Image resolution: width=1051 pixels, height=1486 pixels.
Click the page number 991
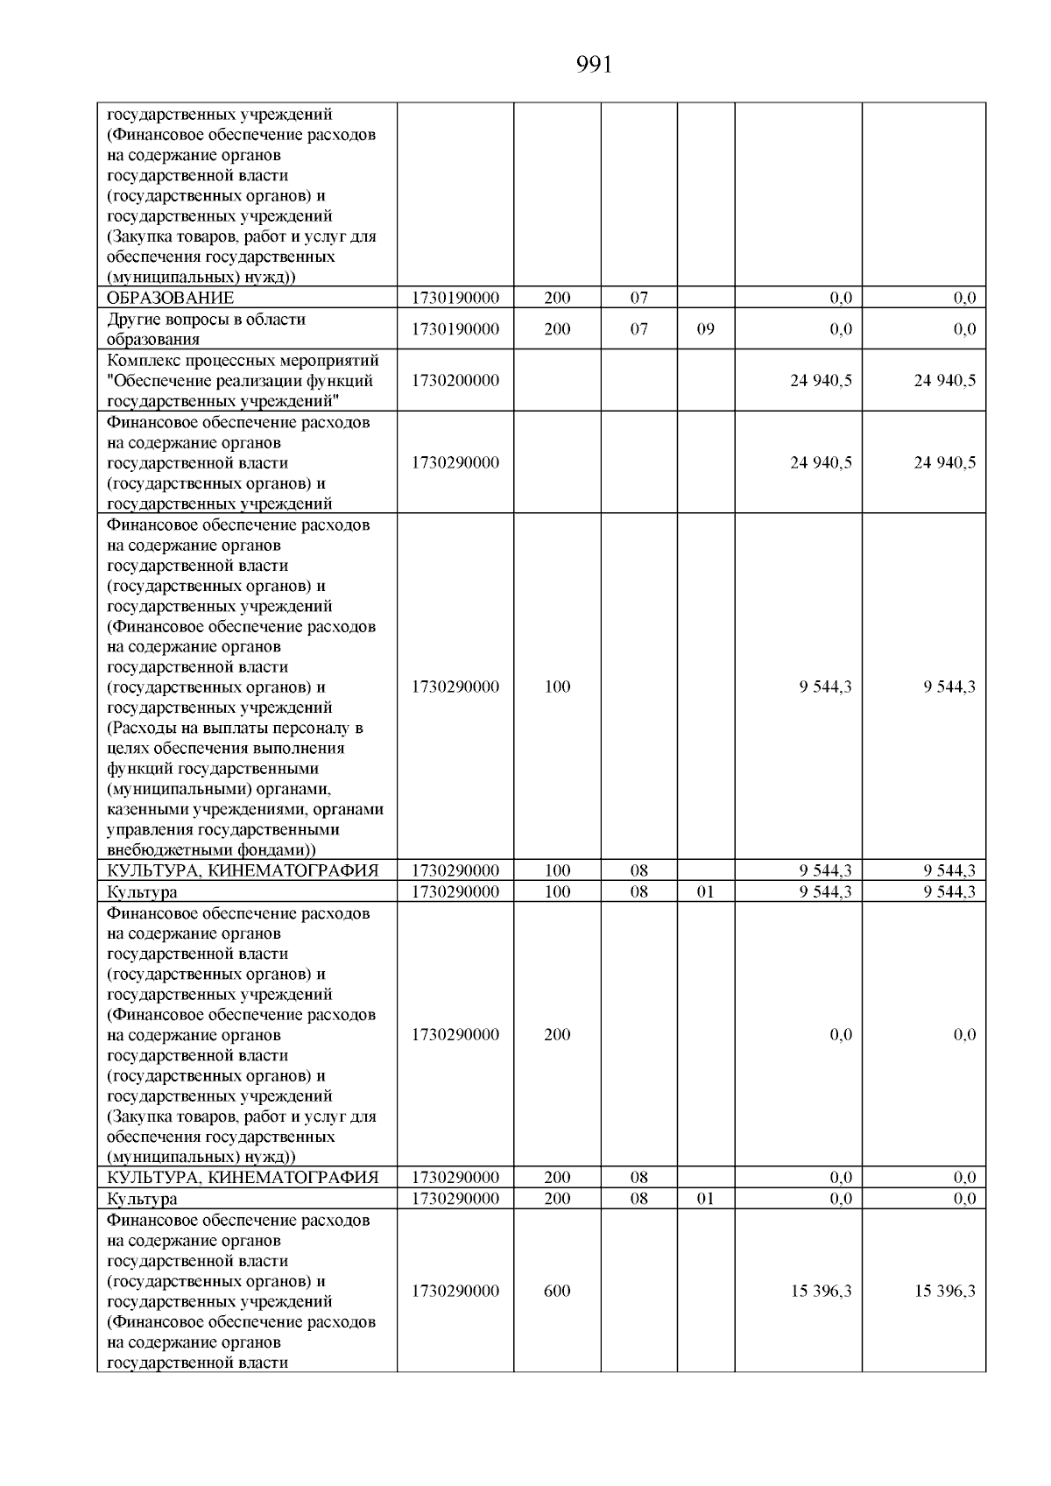point(595,66)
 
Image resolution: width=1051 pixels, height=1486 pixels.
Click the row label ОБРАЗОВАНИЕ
point(170,298)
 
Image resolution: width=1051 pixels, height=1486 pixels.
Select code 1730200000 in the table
point(455,380)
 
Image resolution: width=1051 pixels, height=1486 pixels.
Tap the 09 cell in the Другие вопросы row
point(705,329)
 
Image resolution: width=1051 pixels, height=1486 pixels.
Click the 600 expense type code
point(557,1291)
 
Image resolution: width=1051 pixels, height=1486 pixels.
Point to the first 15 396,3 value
point(821,1291)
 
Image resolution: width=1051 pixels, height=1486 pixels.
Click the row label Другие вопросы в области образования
point(206,329)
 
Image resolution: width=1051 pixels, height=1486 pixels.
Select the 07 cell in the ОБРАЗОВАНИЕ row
point(638,298)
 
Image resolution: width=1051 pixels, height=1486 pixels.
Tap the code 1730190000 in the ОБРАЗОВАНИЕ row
point(455,298)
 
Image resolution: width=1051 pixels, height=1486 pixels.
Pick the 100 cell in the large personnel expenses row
point(557,687)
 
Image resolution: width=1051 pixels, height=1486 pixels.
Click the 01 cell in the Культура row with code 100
point(705,891)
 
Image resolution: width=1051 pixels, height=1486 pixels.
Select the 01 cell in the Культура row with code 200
point(705,1198)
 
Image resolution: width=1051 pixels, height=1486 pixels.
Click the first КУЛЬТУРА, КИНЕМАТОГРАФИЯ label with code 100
point(243,870)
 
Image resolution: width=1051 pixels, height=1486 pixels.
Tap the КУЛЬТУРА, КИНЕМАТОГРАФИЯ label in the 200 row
point(243,1177)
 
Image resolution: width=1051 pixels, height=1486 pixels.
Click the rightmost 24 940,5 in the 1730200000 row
point(944,380)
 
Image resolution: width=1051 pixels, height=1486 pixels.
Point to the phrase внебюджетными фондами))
point(211,849)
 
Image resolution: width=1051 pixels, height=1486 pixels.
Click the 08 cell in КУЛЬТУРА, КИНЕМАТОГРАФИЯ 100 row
point(638,870)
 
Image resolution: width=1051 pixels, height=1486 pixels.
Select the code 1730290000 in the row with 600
point(455,1291)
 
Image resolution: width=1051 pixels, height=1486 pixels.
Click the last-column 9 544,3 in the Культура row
point(949,891)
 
